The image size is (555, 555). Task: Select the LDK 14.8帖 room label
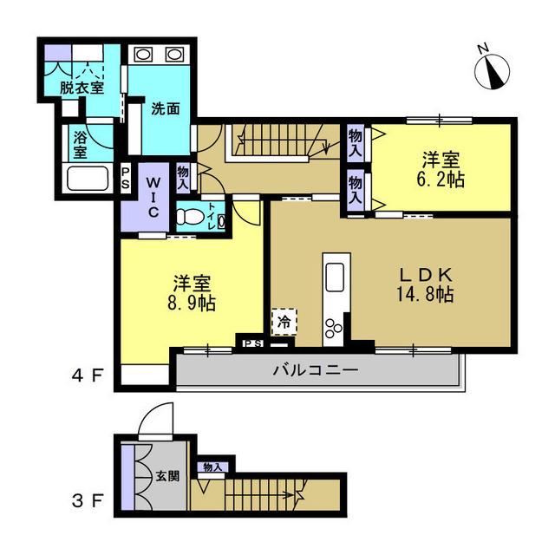click(425, 285)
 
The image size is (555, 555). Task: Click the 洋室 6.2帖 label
click(441, 170)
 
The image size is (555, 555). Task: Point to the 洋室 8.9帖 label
click(192, 293)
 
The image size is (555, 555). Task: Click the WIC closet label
click(153, 197)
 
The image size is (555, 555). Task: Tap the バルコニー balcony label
click(316, 370)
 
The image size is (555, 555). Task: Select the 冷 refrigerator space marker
click(284, 322)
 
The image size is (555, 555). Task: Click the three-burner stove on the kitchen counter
click(333, 328)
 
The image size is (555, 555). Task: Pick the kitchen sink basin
click(335, 277)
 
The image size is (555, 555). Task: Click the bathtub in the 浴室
click(88, 179)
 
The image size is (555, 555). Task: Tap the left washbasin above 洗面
click(142, 55)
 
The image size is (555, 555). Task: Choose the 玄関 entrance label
click(167, 476)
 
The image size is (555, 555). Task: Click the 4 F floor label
click(88, 375)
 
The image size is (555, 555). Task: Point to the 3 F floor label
click(88, 501)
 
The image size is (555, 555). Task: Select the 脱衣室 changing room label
click(82, 88)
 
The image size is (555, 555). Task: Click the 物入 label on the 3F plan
click(212, 467)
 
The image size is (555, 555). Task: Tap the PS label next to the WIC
click(125, 178)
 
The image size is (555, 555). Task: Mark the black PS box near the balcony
click(253, 343)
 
